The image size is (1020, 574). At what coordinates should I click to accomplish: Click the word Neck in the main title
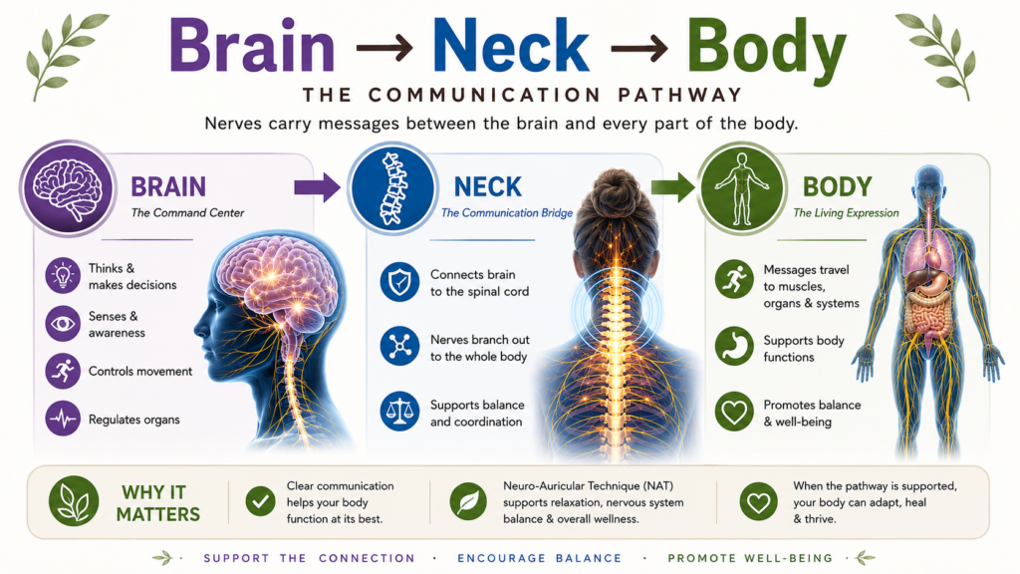tap(511, 46)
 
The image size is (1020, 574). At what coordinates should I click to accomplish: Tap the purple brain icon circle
tap(68, 188)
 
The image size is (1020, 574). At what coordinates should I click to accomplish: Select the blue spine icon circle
tap(392, 188)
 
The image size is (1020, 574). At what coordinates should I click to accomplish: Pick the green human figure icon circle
tap(741, 188)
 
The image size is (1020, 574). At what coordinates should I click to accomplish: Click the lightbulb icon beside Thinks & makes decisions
tap(63, 275)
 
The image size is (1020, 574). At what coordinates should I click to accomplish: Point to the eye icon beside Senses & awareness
tap(63, 324)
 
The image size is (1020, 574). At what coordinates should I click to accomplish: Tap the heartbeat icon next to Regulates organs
tap(63, 419)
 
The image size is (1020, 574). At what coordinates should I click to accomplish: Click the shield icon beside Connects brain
tap(399, 282)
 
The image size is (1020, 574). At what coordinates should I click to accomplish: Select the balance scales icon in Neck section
tap(399, 412)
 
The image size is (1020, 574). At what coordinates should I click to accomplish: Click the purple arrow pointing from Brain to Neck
tap(317, 188)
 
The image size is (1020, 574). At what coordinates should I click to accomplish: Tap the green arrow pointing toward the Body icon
tap(672, 188)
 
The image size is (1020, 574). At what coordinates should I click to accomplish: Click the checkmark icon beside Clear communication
tap(260, 501)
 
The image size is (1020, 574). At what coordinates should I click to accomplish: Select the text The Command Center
tap(187, 213)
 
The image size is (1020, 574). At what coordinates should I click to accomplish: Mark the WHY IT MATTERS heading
tap(158, 503)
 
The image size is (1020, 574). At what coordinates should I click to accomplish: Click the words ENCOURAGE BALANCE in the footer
tap(539, 558)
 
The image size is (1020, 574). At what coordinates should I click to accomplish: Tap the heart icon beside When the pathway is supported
tap(758, 501)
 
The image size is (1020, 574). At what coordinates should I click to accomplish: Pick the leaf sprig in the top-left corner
tap(65, 56)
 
